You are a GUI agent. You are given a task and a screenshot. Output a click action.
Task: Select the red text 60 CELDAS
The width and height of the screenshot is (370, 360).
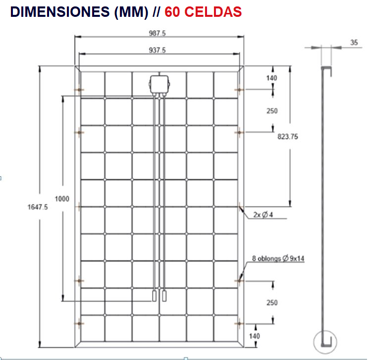(203, 12)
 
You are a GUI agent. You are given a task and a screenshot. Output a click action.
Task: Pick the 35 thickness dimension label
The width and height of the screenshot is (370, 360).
(354, 43)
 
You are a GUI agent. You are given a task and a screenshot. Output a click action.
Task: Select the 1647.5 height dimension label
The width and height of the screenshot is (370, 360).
(38, 208)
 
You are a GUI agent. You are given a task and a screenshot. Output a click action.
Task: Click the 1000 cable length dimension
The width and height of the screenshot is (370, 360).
(62, 199)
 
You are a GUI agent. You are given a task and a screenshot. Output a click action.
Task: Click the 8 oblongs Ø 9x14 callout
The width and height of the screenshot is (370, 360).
(277, 258)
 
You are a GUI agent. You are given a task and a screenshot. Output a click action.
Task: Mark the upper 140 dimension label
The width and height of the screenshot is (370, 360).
(272, 78)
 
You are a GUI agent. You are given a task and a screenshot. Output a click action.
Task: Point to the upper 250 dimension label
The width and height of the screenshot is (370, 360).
(272, 111)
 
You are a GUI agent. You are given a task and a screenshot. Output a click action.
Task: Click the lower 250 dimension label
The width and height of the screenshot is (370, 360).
(272, 303)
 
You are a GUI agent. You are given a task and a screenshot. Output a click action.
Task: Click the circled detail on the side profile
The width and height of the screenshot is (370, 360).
(325, 341)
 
